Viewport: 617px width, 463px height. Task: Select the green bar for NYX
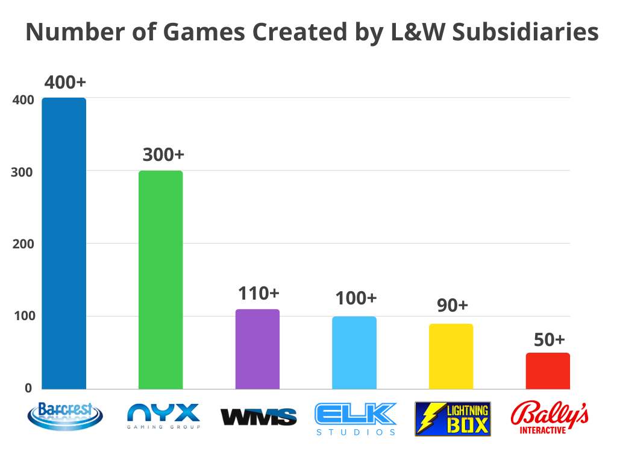point(160,280)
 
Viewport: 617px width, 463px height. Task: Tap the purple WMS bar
point(257,349)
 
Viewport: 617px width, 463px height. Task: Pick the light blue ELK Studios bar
point(354,353)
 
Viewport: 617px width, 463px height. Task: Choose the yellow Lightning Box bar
point(451,356)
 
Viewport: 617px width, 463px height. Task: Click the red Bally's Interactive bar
point(548,371)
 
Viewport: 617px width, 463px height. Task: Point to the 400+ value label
point(64,82)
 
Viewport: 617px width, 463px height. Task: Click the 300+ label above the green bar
point(163,154)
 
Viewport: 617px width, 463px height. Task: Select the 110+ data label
point(258,294)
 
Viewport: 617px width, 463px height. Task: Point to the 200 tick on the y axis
point(22,244)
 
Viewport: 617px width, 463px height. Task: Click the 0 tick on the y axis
point(28,388)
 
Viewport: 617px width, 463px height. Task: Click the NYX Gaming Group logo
point(163,417)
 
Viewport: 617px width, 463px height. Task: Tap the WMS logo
point(258,417)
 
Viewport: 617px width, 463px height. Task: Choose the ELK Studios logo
point(355,418)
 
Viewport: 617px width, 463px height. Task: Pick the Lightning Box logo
point(453,419)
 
